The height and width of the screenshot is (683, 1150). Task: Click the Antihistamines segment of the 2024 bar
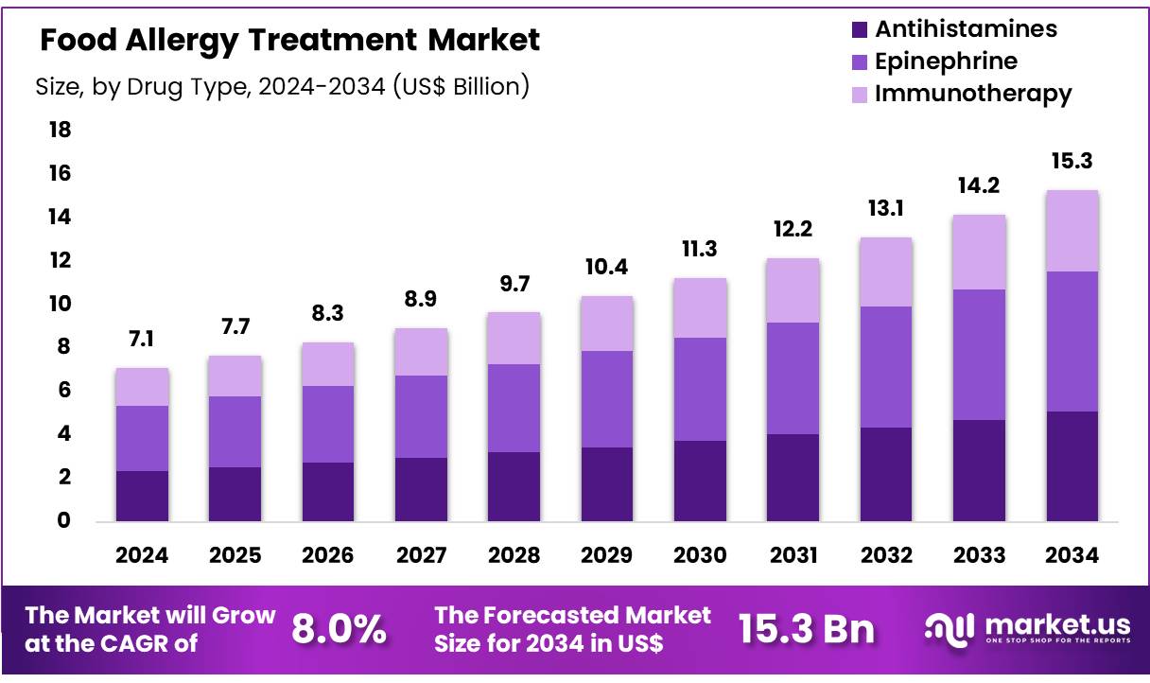coord(142,496)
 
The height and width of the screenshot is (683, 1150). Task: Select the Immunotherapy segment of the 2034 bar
coord(1072,231)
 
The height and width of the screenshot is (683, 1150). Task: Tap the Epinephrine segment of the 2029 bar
coord(607,399)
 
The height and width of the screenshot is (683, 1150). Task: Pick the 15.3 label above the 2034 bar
coord(1072,162)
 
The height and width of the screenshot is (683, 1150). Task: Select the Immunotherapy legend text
coord(973,94)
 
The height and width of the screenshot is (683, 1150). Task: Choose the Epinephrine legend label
coord(946,61)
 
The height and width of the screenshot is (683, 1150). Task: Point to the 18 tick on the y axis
coord(60,130)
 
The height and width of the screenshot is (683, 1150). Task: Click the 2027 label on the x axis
coord(421,555)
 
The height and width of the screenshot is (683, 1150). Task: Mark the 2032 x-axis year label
coord(886,555)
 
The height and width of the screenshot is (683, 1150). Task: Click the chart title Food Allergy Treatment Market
coord(290,40)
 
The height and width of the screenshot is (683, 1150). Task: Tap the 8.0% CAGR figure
coord(338,629)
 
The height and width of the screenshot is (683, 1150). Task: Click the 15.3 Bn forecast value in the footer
coord(806,629)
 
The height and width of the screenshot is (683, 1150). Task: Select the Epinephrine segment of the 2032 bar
coord(886,367)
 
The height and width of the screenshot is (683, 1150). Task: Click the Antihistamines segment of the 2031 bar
coord(793,478)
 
